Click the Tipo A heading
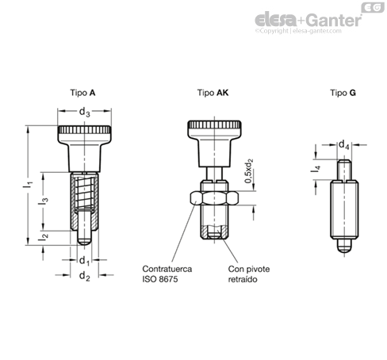click(82, 93)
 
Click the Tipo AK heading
click(213, 93)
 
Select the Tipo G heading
click(343, 93)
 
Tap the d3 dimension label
click(85, 113)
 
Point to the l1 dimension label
click(28, 184)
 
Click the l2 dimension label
click(43, 236)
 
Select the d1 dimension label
click(84, 261)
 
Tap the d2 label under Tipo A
click(85, 276)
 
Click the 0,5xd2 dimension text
click(249, 170)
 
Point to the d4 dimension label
click(344, 145)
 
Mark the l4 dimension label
click(316, 170)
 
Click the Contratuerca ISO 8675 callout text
click(167, 274)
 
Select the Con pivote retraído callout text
click(249, 274)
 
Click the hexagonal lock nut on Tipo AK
click(214, 198)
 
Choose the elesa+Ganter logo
click(308, 20)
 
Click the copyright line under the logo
click(298, 31)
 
